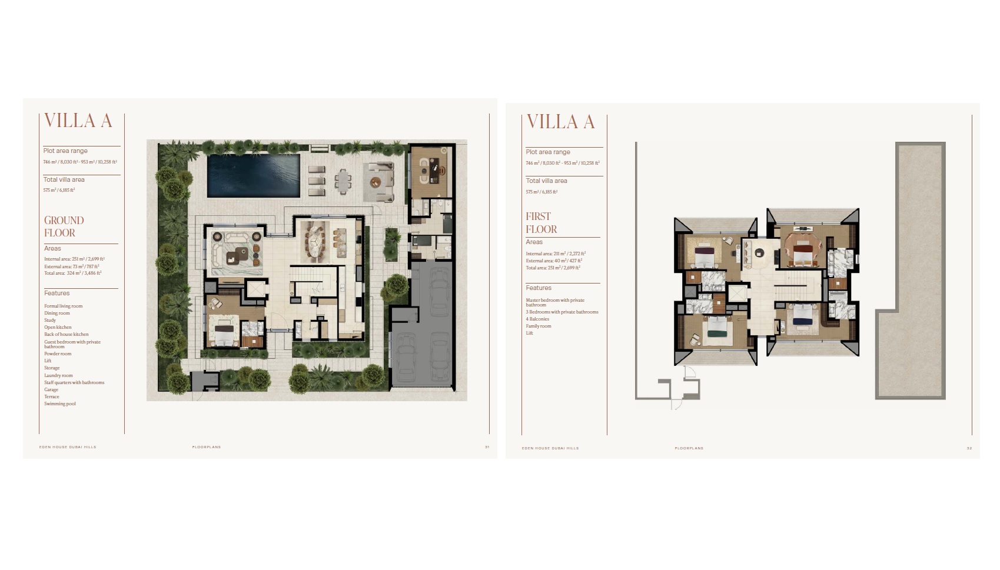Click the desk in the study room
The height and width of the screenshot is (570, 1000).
[x=430, y=168]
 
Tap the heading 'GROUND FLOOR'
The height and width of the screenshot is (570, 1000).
[x=64, y=226]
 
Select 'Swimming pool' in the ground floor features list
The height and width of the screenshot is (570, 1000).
[x=60, y=404]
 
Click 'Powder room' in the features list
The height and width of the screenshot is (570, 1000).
[x=58, y=354]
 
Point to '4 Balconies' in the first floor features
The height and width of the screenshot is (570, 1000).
[x=537, y=319]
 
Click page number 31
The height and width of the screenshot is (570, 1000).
[x=487, y=447]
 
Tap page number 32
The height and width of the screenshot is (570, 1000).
[x=969, y=448]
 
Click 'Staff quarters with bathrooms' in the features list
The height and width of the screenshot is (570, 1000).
[x=74, y=383]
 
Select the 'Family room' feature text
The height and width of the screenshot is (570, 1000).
[x=539, y=326]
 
